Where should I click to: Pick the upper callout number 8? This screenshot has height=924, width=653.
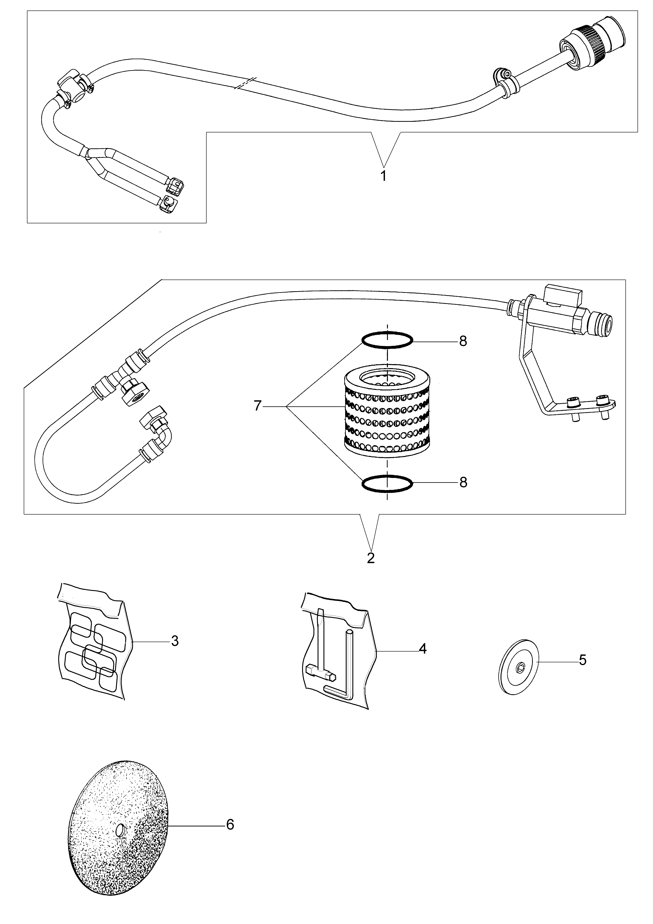tap(463, 341)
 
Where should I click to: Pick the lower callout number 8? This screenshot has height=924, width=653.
tap(463, 483)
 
